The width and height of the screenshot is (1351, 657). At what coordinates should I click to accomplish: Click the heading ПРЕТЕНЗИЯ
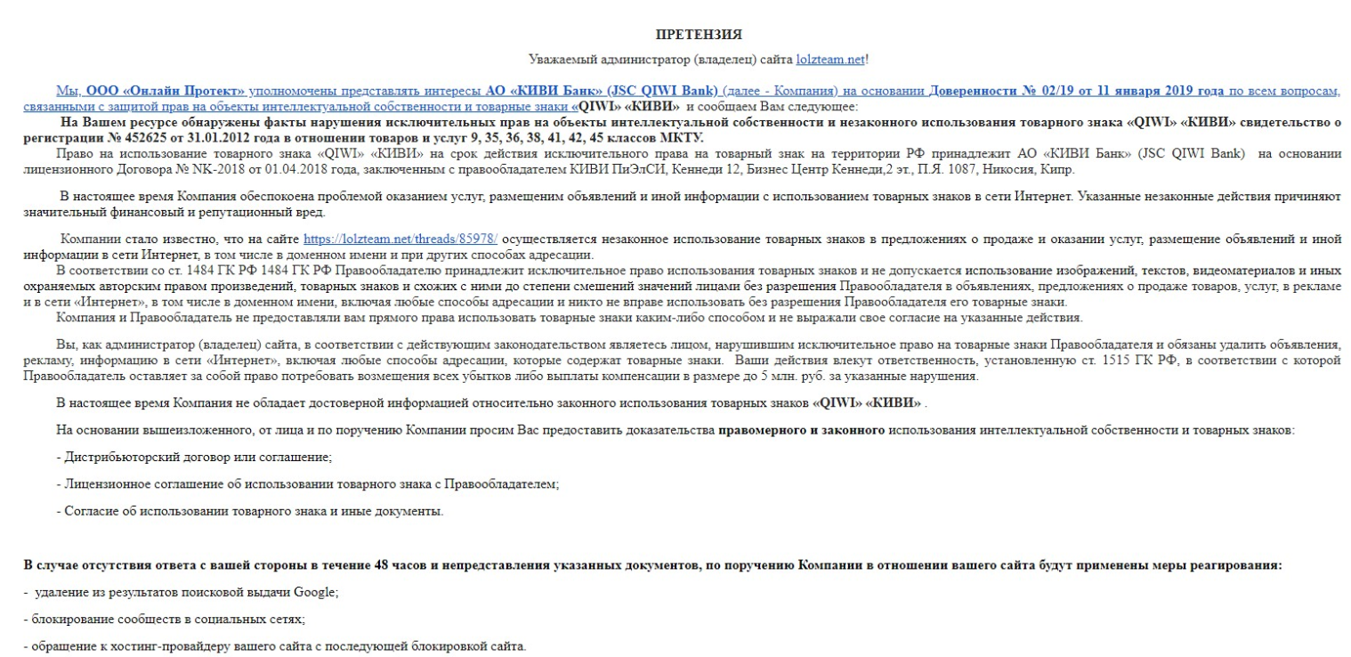coord(699,35)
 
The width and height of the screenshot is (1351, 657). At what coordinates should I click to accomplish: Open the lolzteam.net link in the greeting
coord(830,60)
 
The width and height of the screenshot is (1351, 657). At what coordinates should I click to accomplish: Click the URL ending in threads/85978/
coord(400,239)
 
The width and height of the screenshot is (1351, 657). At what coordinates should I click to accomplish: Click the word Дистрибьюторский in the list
coord(111,458)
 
